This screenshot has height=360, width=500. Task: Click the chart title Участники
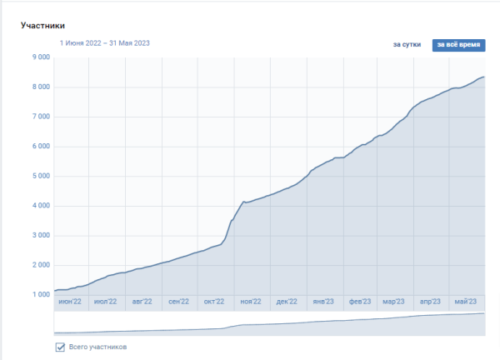[x=42, y=26]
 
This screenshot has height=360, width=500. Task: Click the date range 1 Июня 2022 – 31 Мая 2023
[x=104, y=42]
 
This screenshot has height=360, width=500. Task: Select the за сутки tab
[x=407, y=44]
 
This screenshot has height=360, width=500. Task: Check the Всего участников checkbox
[x=60, y=347]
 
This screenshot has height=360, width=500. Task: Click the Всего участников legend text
[x=97, y=347]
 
